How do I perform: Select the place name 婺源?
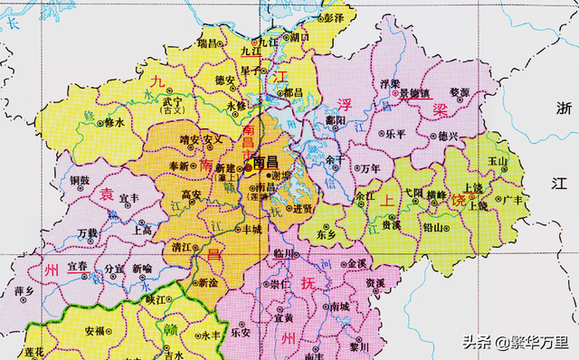pos(460,92)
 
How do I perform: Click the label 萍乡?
pos(24,291)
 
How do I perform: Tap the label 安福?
pos(94,331)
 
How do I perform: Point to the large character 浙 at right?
pos(563,107)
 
